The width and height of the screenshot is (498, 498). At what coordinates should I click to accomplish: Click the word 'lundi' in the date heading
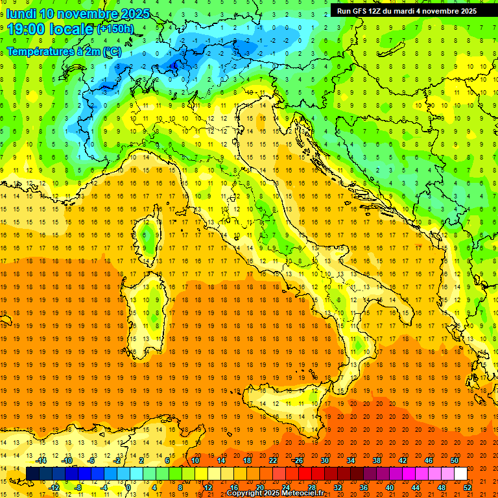tap(21, 14)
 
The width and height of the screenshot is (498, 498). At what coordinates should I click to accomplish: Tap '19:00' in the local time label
tap(28, 29)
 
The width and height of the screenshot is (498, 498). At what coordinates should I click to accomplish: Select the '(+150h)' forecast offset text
tap(115, 29)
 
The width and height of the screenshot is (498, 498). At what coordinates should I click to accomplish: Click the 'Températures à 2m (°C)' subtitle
tap(64, 51)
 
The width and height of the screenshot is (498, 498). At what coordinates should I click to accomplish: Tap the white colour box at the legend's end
tap(460, 473)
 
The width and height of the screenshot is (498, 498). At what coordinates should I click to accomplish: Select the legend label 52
tap(468, 487)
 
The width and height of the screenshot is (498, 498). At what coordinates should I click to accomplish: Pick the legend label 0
tap(128, 487)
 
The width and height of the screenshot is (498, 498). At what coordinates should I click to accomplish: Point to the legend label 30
tap(324, 460)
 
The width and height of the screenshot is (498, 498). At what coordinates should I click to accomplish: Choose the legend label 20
tap(259, 487)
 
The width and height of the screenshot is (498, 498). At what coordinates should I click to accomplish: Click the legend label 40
tap(389, 487)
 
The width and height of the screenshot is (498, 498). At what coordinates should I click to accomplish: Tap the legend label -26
tap(298, 460)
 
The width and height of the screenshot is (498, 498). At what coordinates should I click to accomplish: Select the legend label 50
tap(454, 460)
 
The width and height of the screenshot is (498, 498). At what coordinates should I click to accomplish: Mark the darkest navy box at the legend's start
tap(32, 473)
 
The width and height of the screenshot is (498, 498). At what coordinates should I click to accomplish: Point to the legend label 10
tap(195, 460)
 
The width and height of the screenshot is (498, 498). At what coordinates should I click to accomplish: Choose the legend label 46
tap(428, 460)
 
